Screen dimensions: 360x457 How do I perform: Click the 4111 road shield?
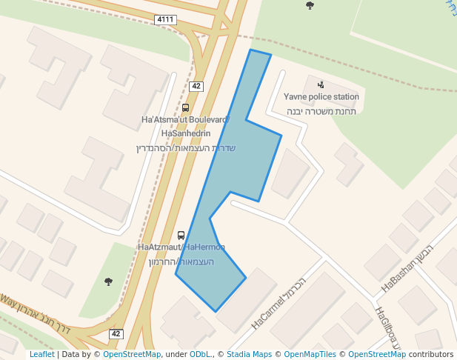pyautogui.click(x=166, y=19)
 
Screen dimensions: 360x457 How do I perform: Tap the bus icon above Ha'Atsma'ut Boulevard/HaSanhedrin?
pyautogui.click(x=184, y=108)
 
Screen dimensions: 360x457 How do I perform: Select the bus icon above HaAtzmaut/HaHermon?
pyautogui.click(x=181, y=236)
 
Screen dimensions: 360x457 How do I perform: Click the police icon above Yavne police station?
pyautogui.click(x=320, y=85)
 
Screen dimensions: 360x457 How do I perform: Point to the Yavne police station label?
pyautogui.click(x=321, y=97)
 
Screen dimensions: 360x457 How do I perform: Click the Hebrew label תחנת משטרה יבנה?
pyautogui.click(x=322, y=111)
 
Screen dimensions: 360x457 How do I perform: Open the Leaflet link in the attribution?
pyautogui.click(x=41, y=355)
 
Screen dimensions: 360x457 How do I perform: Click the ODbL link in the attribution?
pyautogui.click(x=200, y=355)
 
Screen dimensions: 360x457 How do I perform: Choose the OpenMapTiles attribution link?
pyautogui.click(x=310, y=355)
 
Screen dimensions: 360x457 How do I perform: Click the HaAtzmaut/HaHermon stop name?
pyautogui.click(x=181, y=247)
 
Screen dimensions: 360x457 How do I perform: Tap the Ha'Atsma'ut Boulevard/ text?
pyautogui.click(x=185, y=119)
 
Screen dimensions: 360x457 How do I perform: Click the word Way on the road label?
pyautogui.click(x=7, y=301)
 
